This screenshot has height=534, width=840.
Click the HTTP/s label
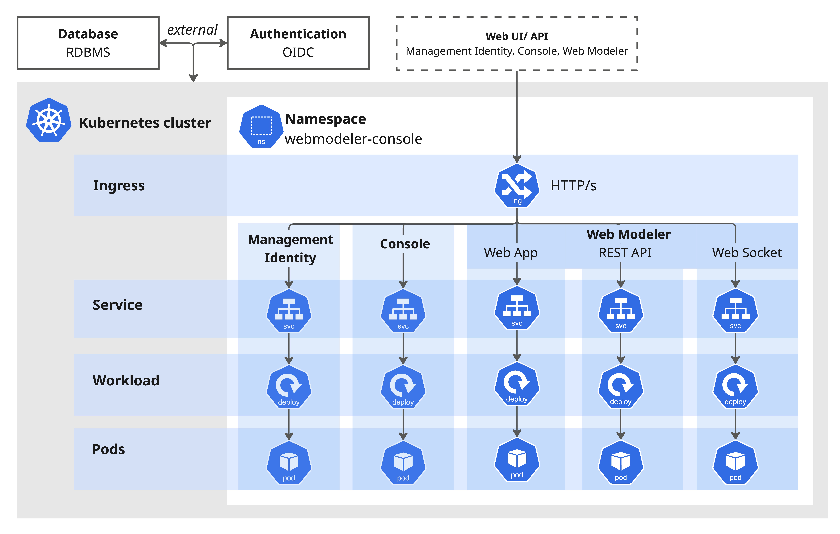click(573, 186)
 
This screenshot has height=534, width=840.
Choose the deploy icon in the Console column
click(403, 386)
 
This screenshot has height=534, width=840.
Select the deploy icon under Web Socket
click(735, 386)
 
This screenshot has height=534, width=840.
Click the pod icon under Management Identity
click(289, 463)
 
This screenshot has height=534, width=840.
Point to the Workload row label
click(126, 380)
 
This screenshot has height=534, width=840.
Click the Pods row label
click(109, 449)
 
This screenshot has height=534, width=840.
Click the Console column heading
click(405, 244)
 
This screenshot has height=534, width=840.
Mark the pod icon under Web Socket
click(735, 462)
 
